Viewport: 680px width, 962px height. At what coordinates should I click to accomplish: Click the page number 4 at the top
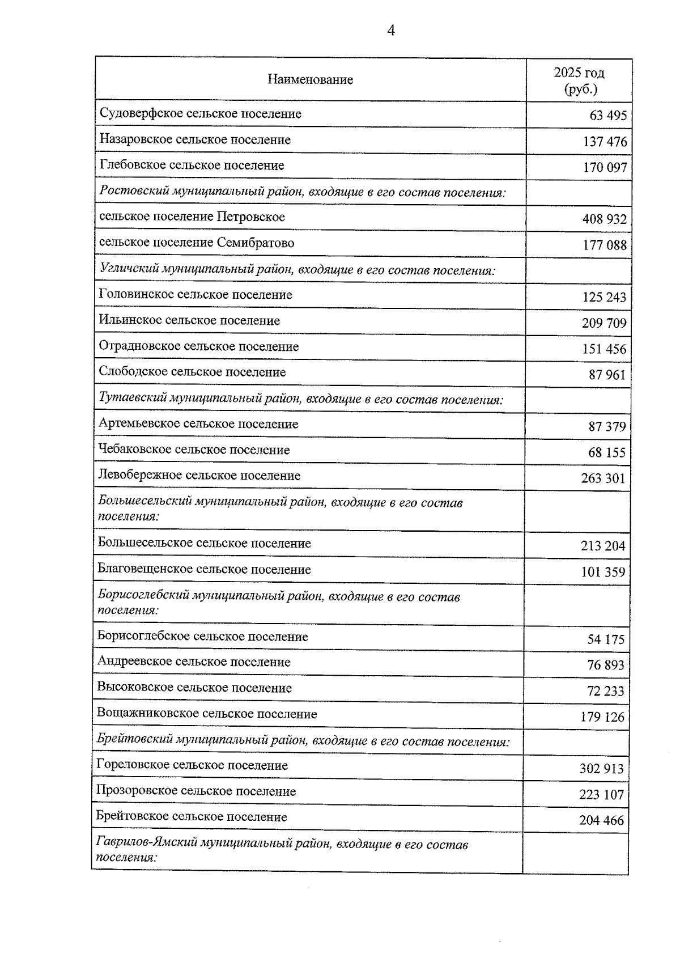point(391,31)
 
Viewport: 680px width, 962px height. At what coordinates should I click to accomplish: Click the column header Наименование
point(310,80)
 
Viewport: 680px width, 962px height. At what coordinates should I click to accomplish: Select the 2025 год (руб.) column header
point(579,80)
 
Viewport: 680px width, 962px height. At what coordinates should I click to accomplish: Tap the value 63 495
point(608,116)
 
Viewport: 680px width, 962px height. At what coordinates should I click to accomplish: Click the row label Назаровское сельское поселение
point(195,139)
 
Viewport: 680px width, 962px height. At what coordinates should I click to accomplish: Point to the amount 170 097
point(605,168)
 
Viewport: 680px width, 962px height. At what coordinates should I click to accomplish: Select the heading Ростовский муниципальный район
point(302,192)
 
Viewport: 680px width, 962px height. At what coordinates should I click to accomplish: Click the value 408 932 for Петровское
point(605,219)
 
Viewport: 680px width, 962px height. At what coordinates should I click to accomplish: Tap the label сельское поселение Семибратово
point(197,243)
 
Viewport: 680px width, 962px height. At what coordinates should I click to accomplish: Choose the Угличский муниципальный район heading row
point(297,270)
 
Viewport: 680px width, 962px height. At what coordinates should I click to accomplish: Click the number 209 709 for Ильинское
point(604,324)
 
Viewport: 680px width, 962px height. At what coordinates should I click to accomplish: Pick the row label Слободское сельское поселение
point(192,372)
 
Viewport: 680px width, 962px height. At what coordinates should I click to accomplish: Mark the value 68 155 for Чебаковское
point(607,453)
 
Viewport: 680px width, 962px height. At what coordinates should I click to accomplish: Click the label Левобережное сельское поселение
point(199,476)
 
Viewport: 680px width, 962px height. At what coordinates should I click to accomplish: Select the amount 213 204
point(603,546)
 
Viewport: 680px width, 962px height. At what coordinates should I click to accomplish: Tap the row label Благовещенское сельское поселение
point(204,570)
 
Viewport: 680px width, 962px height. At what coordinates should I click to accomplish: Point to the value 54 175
point(606,640)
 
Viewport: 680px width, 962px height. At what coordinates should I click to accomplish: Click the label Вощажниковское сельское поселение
point(207,714)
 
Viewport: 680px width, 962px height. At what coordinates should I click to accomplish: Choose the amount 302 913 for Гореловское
point(601,769)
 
